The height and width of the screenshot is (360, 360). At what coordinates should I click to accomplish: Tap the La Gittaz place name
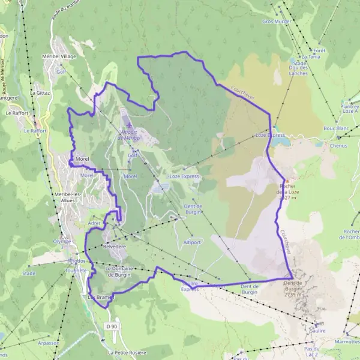point(40,93)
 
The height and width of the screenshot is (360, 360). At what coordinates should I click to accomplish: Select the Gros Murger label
point(277,22)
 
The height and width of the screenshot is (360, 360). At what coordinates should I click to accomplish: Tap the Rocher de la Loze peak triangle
point(287,181)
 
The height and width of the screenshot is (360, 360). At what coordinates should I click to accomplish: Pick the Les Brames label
point(100,297)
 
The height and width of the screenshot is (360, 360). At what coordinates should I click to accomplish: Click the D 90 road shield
point(110,326)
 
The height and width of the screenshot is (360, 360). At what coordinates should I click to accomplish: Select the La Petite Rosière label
point(127,352)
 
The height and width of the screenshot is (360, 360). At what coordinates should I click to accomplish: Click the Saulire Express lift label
point(190,286)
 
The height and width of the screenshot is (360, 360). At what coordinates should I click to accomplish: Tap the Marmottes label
point(347,341)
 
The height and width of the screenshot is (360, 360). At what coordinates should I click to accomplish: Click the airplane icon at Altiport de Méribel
point(128,125)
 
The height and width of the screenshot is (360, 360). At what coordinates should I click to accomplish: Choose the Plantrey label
point(347,103)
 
